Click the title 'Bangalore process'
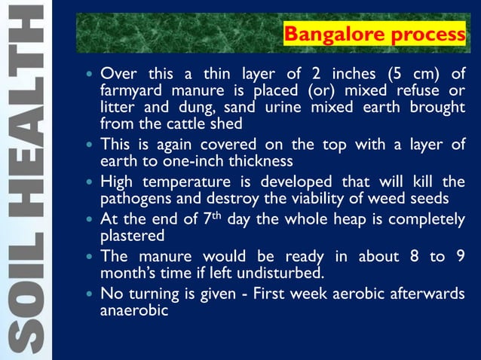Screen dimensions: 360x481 tap(373, 35)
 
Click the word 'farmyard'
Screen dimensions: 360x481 tap(129, 91)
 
